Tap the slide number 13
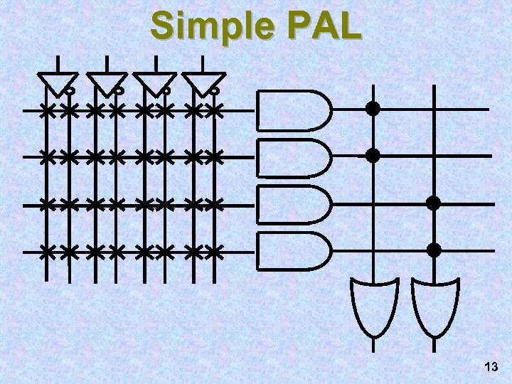tap(490, 367)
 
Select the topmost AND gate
tap(292, 110)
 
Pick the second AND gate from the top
tap(292, 156)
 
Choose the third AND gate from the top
tap(292, 204)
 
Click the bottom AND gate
tap(292, 250)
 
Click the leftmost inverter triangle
tap(56, 82)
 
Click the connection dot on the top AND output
tap(372, 110)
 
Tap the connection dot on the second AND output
tap(372, 155)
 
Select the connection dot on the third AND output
tap(433, 203)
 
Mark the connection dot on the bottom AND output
tap(434, 250)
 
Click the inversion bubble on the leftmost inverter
tap(71, 92)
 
